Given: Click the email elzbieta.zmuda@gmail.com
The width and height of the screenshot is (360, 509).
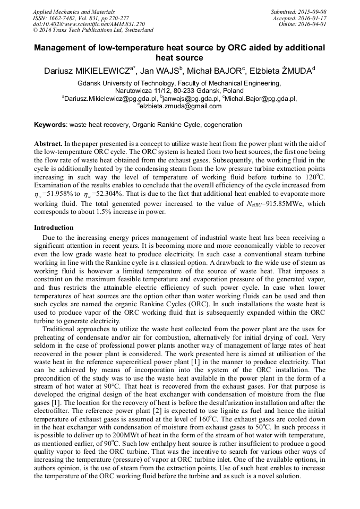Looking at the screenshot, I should click(181, 106).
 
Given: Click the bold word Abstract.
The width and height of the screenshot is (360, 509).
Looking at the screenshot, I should click(48, 144).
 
